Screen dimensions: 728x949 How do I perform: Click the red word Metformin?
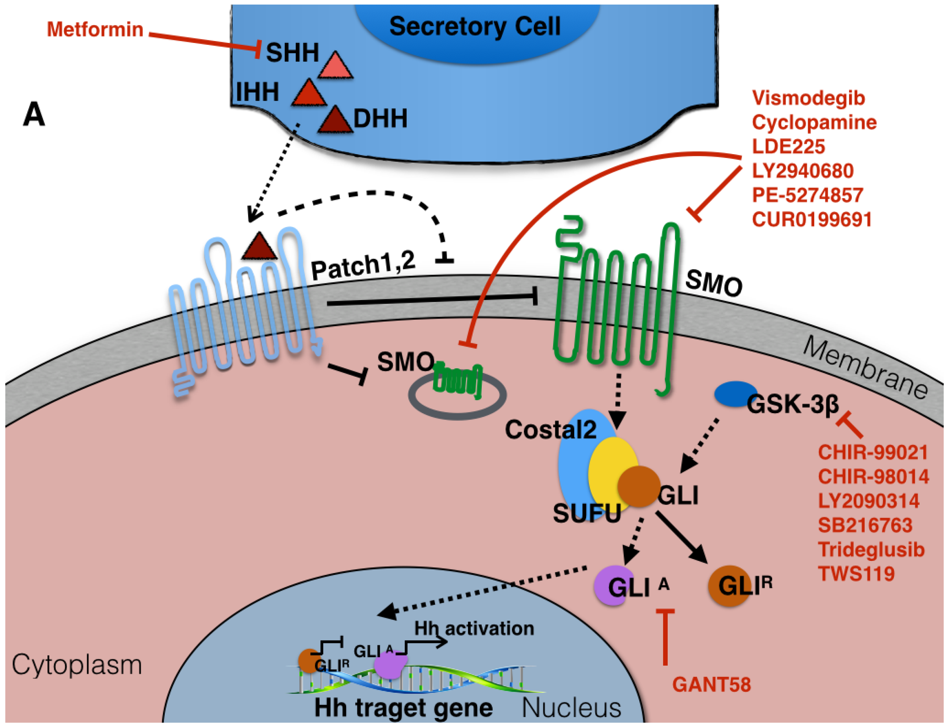click(95, 30)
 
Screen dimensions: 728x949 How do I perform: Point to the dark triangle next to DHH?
click(334, 121)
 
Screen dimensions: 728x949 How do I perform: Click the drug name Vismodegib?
click(808, 98)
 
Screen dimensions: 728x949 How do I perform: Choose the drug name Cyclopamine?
click(814, 122)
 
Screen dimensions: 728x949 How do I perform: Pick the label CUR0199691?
click(812, 219)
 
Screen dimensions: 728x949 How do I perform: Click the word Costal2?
click(550, 430)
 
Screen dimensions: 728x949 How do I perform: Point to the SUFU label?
click(586, 514)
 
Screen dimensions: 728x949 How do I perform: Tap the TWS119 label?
click(856, 574)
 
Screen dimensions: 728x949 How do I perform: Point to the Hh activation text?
click(474, 629)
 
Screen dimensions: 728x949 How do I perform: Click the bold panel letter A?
click(34, 115)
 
